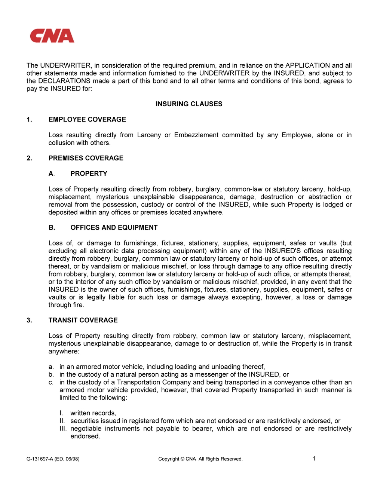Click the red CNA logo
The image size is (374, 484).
tap(52, 36)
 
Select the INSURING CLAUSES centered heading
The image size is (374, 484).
tap(189, 104)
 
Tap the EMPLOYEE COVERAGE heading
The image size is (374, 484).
tap(87, 119)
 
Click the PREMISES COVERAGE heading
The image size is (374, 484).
tap(86, 158)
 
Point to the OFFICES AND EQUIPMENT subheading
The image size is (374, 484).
tap(114, 227)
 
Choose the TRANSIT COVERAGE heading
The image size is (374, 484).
tap(83, 320)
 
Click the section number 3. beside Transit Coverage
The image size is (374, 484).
tap(29, 320)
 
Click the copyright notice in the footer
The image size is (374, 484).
tap(200, 459)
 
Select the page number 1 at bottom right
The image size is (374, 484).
tap(314, 459)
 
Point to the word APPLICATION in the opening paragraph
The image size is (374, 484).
tap(307, 65)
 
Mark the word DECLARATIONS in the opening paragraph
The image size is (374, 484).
tap(64, 81)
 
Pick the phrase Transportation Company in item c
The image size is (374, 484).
tap(154, 382)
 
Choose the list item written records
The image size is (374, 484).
tap(93, 413)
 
